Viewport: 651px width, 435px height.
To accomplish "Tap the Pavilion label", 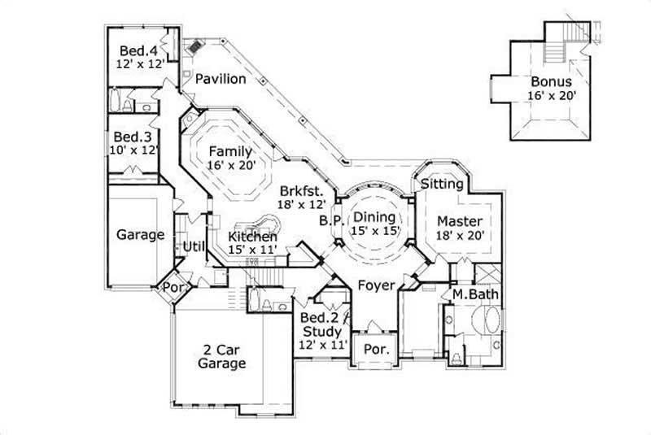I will pos(221,79).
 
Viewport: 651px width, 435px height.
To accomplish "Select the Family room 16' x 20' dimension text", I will pos(231,165).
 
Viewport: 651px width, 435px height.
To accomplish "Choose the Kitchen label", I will pos(253,236).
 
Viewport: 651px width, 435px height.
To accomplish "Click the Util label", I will pos(192,246).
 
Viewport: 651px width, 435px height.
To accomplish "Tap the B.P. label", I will pos(330,220).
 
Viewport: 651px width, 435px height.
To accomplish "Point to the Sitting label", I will pos(442,185).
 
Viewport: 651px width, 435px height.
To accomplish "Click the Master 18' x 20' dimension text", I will pos(461,236).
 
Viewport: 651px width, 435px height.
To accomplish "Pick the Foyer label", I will pos(376,285).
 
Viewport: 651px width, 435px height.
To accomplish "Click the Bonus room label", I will pos(551,81).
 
